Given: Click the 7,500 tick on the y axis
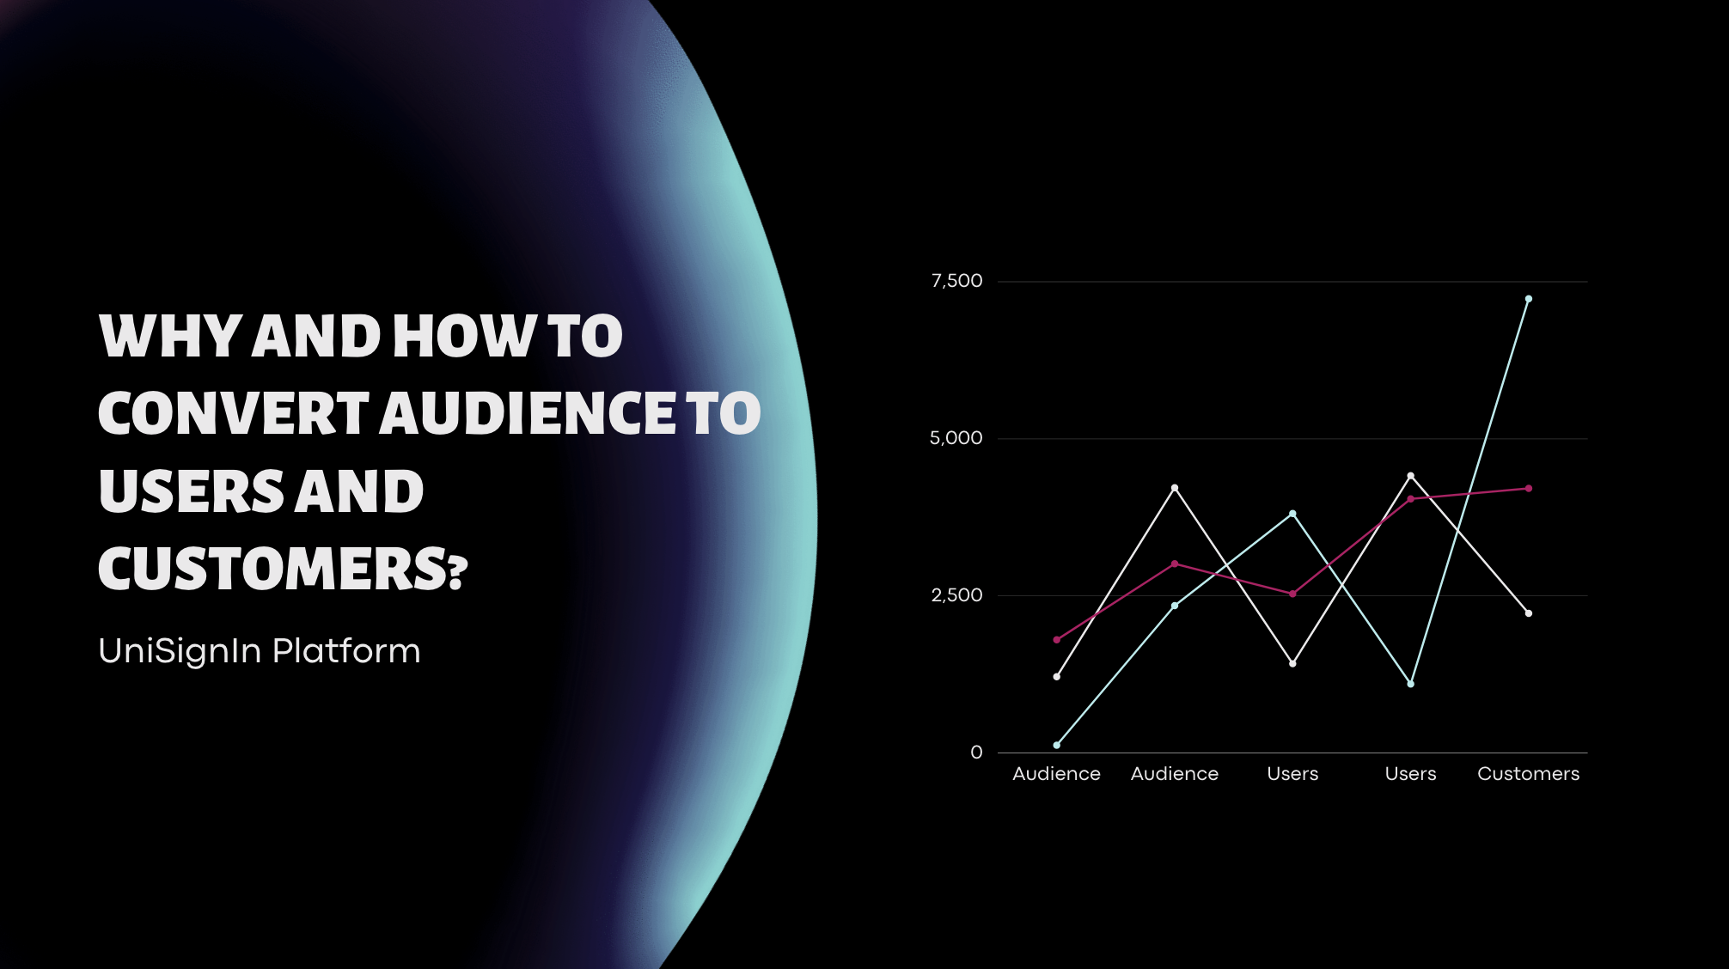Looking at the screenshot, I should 956,281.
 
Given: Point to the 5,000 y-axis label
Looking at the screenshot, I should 956,438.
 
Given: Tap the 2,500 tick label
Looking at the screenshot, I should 956,595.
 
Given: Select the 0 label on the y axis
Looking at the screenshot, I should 976,753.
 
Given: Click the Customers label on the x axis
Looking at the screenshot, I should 1528,774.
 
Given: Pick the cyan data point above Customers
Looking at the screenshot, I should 1528,299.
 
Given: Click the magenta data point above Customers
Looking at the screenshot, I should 1528,489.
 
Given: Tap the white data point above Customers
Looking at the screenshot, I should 1528,613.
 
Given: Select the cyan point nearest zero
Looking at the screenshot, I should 1056,745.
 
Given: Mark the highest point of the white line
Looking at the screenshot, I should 1410,475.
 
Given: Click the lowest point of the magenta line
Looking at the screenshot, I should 1056,640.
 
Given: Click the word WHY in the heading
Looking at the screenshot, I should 168,336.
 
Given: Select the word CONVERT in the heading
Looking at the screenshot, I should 233,413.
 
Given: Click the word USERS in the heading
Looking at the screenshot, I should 192,491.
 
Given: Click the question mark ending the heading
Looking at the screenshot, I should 458,571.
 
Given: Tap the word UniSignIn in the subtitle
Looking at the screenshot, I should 180,651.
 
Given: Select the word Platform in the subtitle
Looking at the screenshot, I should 346,651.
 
